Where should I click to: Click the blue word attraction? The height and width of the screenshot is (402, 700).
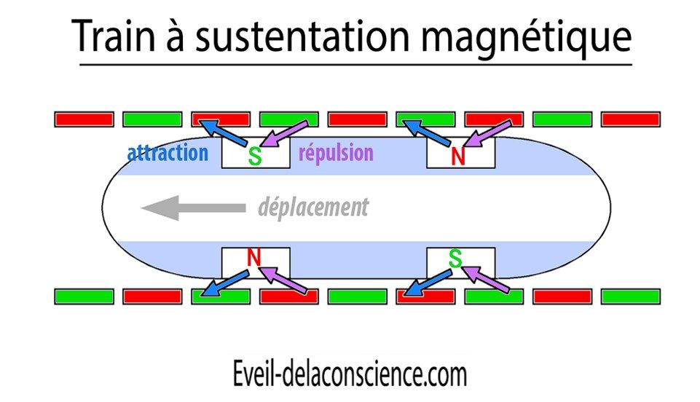point(167,153)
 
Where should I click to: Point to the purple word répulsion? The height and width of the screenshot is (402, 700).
point(336,153)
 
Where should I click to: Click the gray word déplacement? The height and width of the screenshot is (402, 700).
point(313,208)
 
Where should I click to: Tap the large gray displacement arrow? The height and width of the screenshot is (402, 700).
point(193,208)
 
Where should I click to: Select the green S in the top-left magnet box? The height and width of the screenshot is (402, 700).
point(254,156)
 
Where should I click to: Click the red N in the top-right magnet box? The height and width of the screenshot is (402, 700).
point(458,156)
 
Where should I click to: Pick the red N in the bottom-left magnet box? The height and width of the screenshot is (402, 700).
point(253,257)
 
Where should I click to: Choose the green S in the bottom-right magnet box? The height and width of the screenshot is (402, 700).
point(455,257)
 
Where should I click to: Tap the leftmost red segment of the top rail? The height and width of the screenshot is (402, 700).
point(84,119)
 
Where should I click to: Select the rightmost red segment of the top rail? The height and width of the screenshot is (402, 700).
point(630,119)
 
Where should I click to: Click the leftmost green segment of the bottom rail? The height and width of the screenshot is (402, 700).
point(84,296)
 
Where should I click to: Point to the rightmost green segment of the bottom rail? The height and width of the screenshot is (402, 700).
point(630,296)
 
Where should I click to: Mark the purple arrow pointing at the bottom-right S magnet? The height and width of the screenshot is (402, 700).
point(487,280)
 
